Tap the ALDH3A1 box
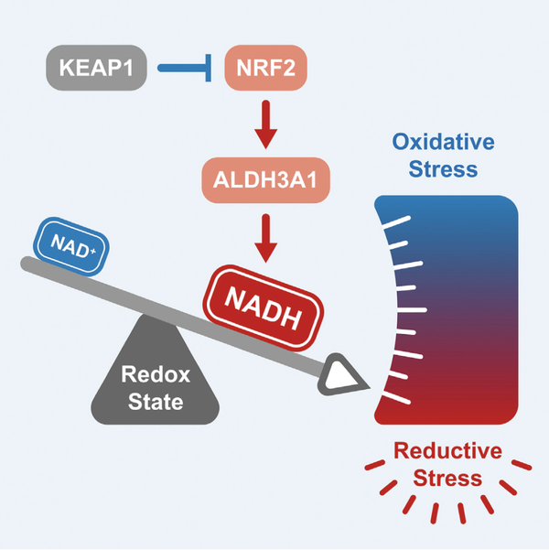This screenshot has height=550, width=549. pos(264,181)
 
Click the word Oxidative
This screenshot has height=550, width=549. pos(443,142)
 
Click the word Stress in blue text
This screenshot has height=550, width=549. pos(443,168)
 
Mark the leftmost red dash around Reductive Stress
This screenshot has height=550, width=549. pos(372,468)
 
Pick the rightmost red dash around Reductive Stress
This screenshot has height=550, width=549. pos(523,467)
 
